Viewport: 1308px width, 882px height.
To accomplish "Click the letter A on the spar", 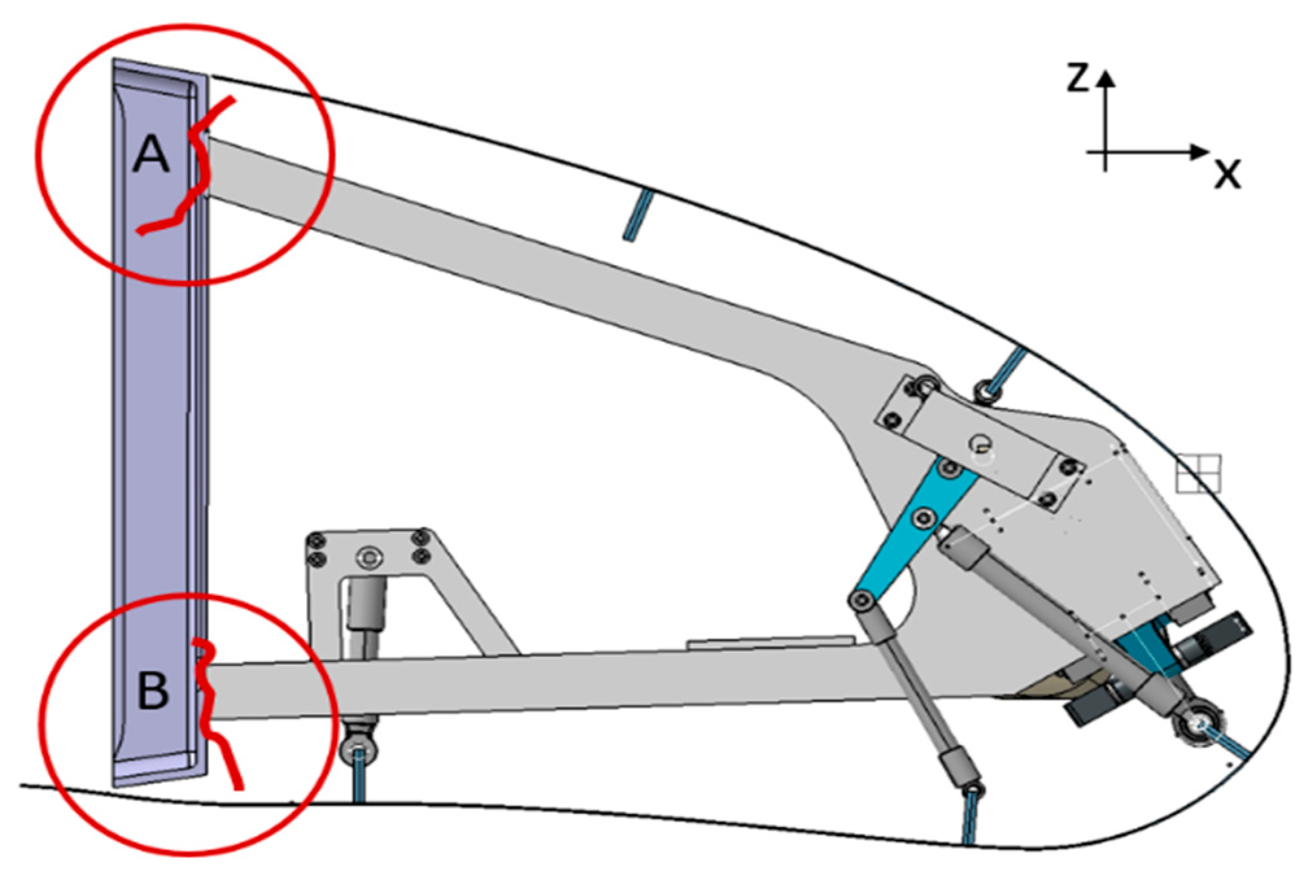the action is tap(151, 154).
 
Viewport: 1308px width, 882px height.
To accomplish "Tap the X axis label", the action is tap(1227, 173).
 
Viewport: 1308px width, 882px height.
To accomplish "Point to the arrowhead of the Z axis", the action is tap(1106, 78).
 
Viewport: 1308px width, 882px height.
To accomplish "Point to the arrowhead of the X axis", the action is tap(1200, 152).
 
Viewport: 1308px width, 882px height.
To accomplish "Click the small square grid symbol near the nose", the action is tap(1198, 473).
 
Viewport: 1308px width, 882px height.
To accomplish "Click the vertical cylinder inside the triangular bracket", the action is tap(366, 616).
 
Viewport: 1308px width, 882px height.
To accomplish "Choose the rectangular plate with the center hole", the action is tap(979, 442).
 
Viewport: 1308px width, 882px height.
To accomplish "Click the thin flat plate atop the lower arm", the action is tap(770, 641).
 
